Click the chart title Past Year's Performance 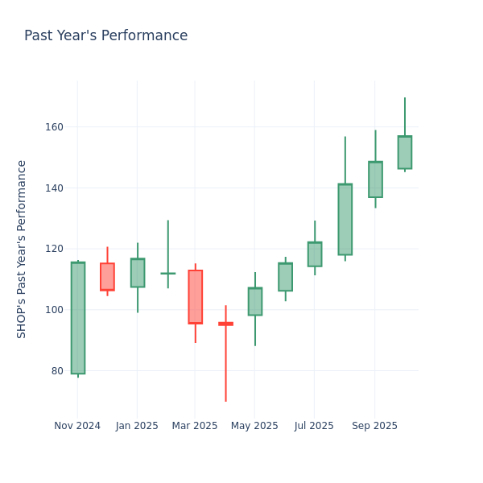tap(105, 36)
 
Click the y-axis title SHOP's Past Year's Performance tap(22, 249)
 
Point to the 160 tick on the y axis tap(55, 127)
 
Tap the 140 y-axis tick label tap(55, 188)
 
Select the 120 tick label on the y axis tap(55, 249)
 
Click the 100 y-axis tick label tap(55, 310)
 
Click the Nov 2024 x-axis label tap(77, 426)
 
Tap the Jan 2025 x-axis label tap(137, 426)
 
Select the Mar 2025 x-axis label tap(195, 426)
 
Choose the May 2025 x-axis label tap(254, 426)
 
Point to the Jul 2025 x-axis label tap(315, 426)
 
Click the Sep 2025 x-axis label tap(374, 426)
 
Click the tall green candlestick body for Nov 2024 tap(77, 318)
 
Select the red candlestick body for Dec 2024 tap(107, 277)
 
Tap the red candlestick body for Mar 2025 tap(195, 297)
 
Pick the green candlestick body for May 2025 tap(255, 301)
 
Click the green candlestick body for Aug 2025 tap(345, 219)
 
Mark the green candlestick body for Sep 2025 tap(375, 180)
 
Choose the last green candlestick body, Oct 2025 tap(404, 152)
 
